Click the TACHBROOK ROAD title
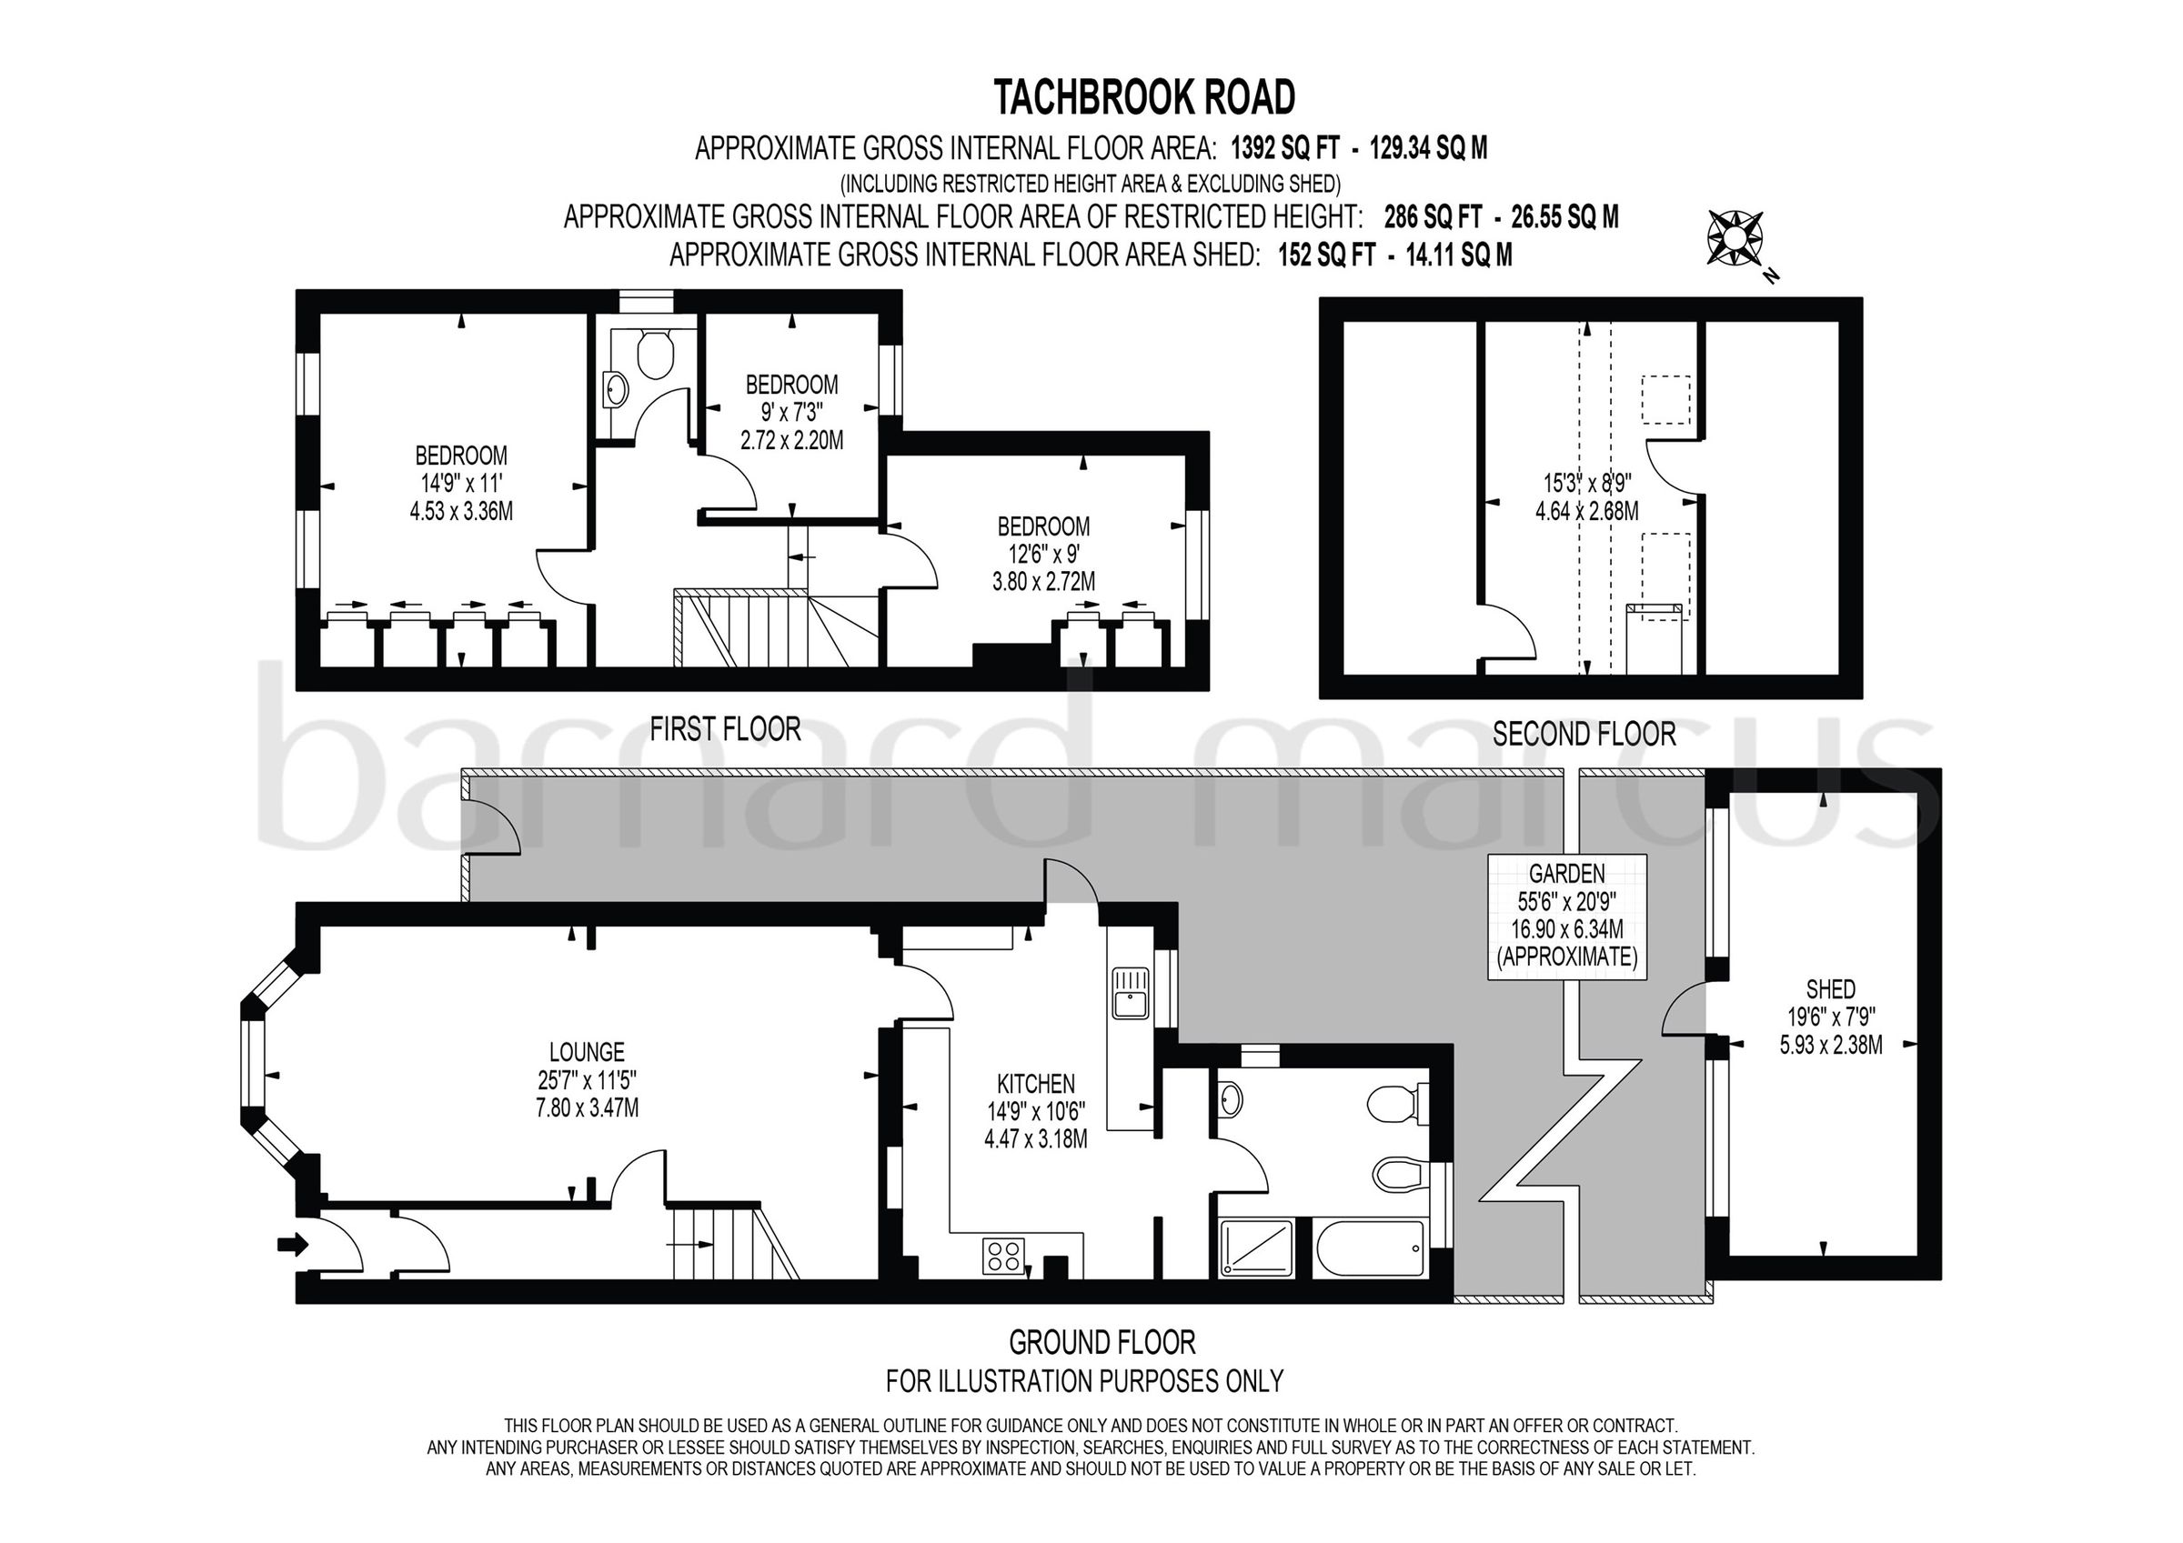point(1143,97)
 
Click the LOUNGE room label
point(587,1052)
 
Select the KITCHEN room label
point(1035,1084)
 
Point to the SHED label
point(1830,989)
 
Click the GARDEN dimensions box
point(1566,916)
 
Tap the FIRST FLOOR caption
point(725,729)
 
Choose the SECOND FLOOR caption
point(1584,734)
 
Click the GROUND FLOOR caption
point(1101,1342)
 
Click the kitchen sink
point(1131,993)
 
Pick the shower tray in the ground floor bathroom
point(1256,1249)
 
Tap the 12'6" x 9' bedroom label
point(1043,555)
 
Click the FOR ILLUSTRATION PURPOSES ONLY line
point(1084,1380)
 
